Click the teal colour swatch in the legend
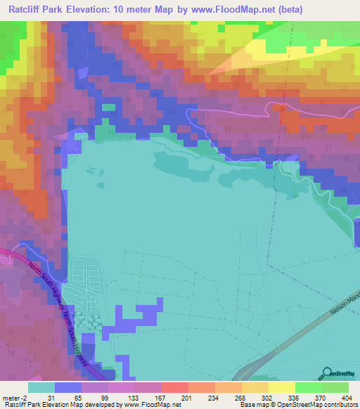tap(41, 387)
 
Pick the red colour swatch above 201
tap(174, 387)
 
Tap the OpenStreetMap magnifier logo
tap(326, 373)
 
